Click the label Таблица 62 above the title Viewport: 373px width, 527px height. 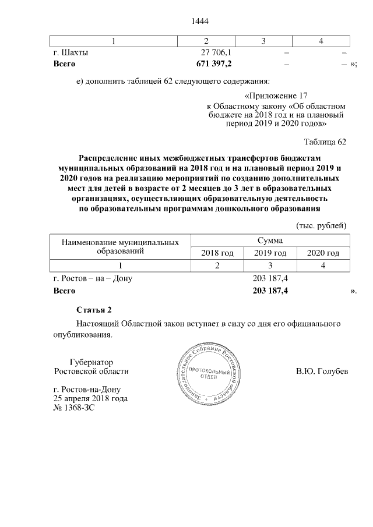(326, 142)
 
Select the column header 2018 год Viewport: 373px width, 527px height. (217, 253)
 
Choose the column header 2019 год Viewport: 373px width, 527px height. (270, 253)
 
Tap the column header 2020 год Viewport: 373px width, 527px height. (323, 253)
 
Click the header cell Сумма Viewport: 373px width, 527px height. (270, 240)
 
